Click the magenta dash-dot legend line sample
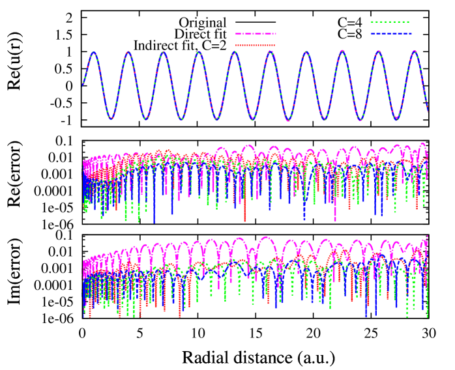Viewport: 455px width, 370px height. (x=256, y=33)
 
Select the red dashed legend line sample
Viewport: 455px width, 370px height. (x=256, y=45)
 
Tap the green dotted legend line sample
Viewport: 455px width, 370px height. (x=390, y=22)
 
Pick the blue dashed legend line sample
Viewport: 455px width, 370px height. (x=390, y=33)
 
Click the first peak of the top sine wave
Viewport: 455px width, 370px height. (x=94, y=53)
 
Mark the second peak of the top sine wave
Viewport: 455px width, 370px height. (x=128, y=52)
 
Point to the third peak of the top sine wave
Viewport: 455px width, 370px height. (x=164, y=53)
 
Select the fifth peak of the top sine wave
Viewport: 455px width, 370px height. (x=235, y=52)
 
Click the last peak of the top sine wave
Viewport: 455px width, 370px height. (x=413, y=51)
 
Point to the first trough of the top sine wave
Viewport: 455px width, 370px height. (x=111, y=119)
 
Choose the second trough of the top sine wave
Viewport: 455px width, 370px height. (x=146, y=119)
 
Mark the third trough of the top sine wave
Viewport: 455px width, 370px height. (x=182, y=120)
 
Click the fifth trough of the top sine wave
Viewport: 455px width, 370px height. (x=253, y=120)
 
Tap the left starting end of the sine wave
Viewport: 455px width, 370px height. (x=82, y=86)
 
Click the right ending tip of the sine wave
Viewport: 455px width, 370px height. (x=428, y=110)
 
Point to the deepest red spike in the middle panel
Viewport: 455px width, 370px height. (x=245, y=221)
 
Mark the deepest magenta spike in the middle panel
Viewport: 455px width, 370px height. (x=335, y=220)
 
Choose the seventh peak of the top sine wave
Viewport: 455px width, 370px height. (x=306, y=52)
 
